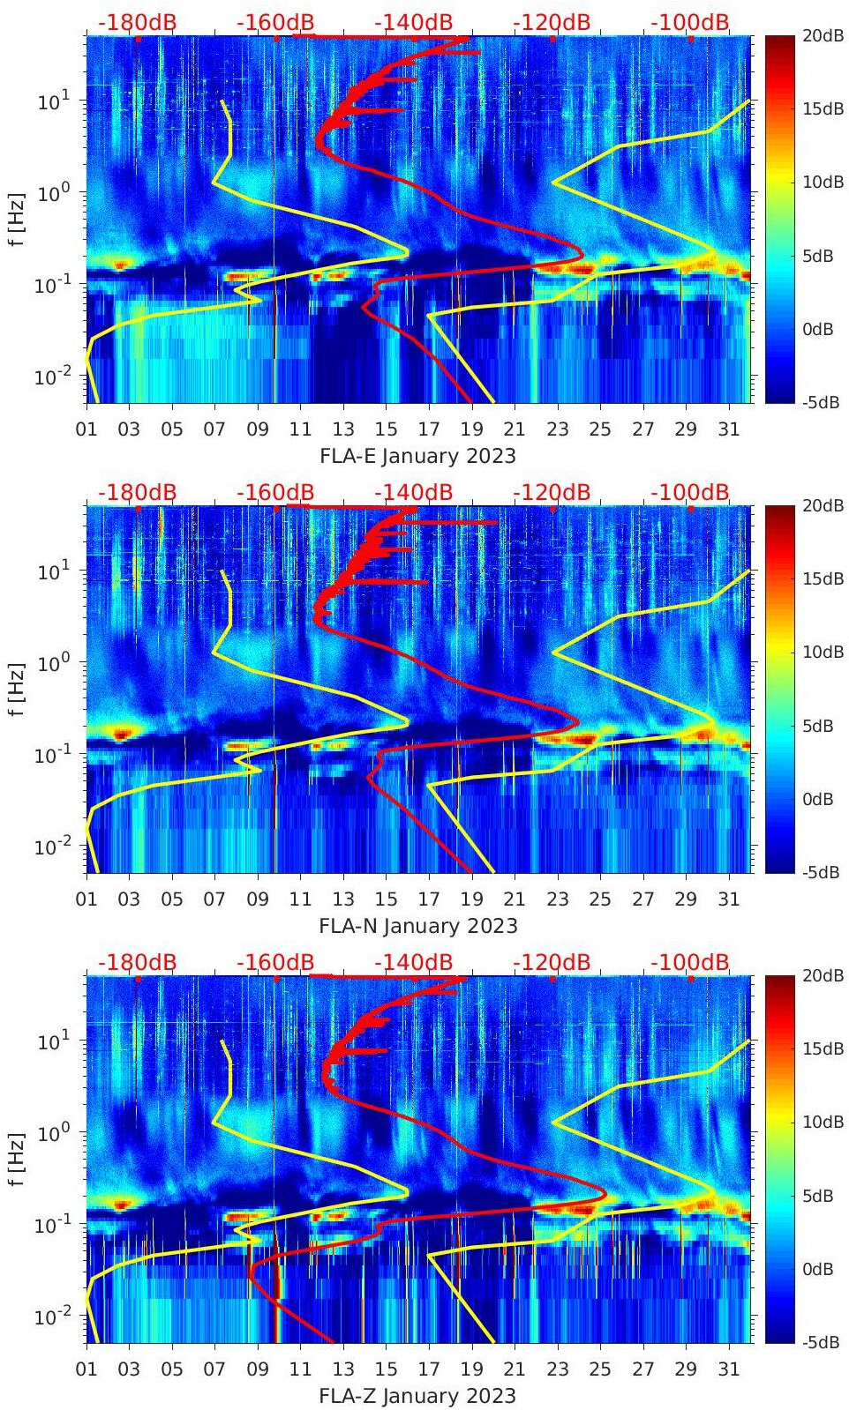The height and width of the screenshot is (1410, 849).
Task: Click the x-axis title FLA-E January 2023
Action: pyautogui.click(x=417, y=456)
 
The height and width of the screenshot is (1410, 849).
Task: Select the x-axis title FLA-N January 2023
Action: pyautogui.click(x=418, y=926)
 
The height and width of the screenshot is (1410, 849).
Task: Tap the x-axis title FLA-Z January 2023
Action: pyautogui.click(x=417, y=1396)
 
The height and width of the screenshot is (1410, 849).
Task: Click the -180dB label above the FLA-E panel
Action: pyautogui.click(x=137, y=23)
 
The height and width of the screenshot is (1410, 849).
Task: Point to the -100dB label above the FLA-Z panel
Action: pyautogui.click(x=690, y=963)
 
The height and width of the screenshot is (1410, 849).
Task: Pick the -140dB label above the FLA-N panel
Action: pyautogui.click(x=413, y=493)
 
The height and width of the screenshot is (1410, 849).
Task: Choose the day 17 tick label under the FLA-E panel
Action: pyautogui.click(x=429, y=430)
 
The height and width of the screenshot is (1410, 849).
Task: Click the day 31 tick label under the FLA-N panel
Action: pyautogui.click(x=728, y=900)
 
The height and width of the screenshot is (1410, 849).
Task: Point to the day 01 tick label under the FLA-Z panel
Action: pyautogui.click(x=86, y=1370)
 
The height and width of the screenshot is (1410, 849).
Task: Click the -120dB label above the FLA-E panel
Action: pyautogui.click(x=552, y=23)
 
